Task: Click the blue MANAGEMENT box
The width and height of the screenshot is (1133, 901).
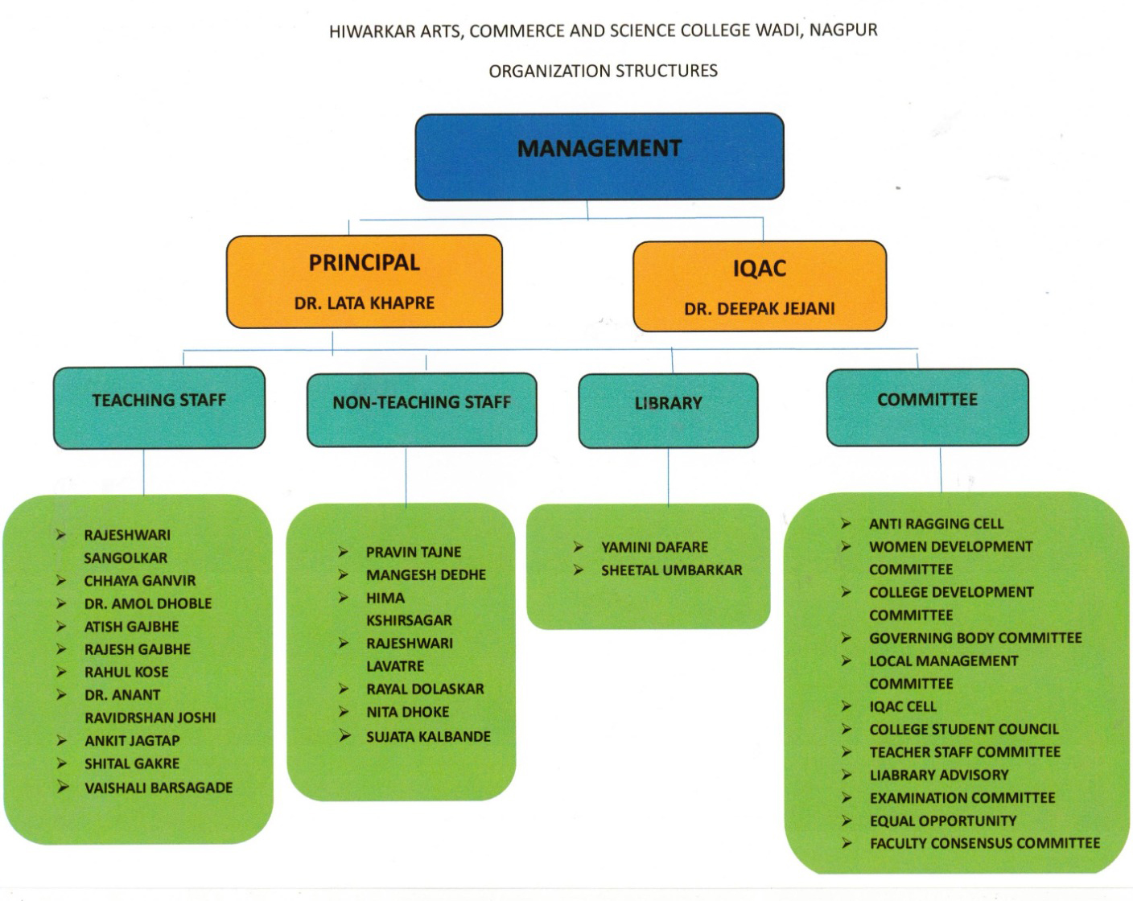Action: (x=599, y=155)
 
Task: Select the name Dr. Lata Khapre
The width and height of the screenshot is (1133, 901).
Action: (x=365, y=303)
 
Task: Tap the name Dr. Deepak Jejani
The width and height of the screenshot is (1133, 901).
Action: (x=760, y=309)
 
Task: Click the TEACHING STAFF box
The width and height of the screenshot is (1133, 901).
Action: (x=159, y=406)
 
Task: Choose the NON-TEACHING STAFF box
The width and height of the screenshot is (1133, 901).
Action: (x=422, y=409)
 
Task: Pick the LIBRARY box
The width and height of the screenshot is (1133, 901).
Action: (x=668, y=409)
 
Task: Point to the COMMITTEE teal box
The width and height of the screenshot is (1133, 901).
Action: (x=927, y=406)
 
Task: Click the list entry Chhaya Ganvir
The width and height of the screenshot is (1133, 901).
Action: (x=140, y=581)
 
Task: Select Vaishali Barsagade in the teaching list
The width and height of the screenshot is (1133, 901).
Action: (x=159, y=788)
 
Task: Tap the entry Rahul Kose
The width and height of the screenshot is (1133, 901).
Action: (x=126, y=673)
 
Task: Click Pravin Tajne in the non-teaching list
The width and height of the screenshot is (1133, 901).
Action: (x=414, y=552)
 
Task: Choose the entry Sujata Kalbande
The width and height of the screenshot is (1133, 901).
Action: (x=428, y=736)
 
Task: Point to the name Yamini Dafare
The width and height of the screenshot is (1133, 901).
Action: (x=654, y=547)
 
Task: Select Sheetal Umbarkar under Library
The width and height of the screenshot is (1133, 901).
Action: (x=671, y=570)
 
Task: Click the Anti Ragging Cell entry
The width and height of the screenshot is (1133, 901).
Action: (x=936, y=524)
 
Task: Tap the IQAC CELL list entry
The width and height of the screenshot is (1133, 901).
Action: (x=903, y=706)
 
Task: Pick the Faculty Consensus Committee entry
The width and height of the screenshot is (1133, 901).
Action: (x=984, y=843)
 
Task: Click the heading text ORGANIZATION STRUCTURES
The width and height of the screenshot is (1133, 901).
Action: (x=603, y=71)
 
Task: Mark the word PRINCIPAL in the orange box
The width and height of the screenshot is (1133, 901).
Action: (x=365, y=263)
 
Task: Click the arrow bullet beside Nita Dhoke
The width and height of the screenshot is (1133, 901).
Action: (x=344, y=712)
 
